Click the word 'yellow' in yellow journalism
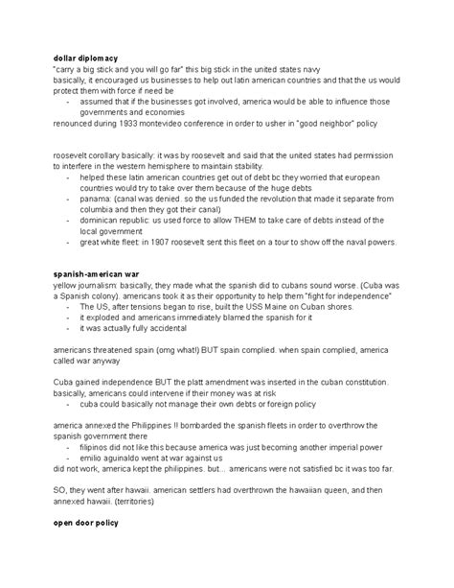(67, 285)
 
